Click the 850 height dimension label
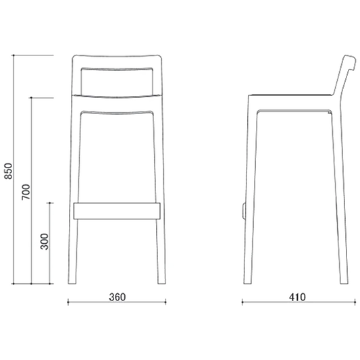(x=9, y=171)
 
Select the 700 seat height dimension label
(x=26, y=192)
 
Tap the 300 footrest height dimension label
(x=45, y=242)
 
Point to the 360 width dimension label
(x=118, y=297)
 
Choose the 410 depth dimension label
(x=297, y=297)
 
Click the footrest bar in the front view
(x=117, y=211)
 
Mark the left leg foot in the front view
(x=72, y=280)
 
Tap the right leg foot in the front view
(x=161, y=280)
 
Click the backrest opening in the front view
(x=117, y=82)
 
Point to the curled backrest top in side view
(x=350, y=62)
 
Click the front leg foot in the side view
(x=248, y=280)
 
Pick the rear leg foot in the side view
(x=344, y=280)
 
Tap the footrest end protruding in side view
(x=243, y=211)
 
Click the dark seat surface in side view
(x=291, y=95)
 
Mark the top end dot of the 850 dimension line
(x=14, y=55)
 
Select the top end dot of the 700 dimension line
(x=32, y=98)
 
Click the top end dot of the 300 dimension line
(x=50, y=203)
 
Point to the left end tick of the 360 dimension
(x=68, y=302)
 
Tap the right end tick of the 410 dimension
(x=355, y=302)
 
